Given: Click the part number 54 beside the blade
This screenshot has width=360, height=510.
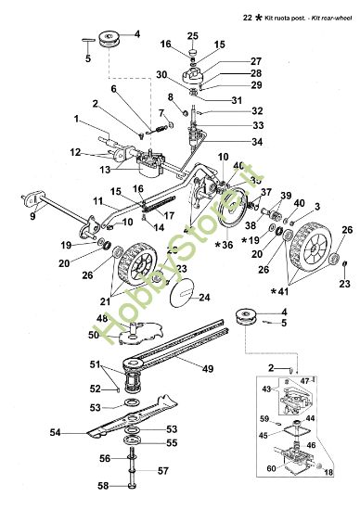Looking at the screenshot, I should click(x=55, y=432).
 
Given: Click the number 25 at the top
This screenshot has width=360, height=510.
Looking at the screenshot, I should click(x=192, y=35).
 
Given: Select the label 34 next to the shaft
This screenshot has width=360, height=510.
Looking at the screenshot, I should click(x=231, y=142).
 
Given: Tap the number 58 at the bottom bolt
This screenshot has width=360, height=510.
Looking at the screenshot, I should click(x=104, y=486).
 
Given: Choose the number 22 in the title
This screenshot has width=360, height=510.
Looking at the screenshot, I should click(x=247, y=17).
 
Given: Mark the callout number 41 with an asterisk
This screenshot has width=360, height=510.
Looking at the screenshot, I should click(x=309, y=291).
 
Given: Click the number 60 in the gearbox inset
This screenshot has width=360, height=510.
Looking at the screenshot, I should click(x=270, y=469).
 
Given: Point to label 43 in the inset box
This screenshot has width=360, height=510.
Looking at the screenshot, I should click(x=269, y=388).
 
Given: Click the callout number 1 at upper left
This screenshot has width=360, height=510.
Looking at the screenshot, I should click(x=76, y=118).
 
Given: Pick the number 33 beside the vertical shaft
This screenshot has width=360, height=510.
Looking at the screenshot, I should click(x=231, y=124).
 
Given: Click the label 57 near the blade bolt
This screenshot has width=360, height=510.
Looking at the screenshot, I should click(x=161, y=471).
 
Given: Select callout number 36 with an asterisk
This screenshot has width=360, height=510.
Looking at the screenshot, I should click(x=224, y=245).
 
